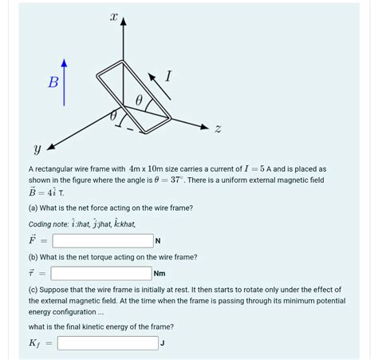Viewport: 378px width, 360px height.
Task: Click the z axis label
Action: click(x=219, y=129)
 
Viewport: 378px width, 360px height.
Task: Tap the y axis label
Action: click(x=37, y=148)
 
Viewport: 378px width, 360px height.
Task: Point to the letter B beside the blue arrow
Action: click(x=53, y=81)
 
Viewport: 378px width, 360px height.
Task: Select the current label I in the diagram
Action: click(x=168, y=77)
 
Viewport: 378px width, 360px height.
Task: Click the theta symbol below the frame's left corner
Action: click(x=113, y=117)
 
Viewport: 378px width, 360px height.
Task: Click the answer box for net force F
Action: click(x=103, y=240)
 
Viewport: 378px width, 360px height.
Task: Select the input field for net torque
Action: click(x=103, y=273)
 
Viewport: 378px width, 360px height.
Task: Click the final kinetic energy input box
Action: click(x=108, y=343)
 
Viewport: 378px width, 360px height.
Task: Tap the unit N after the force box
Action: click(x=158, y=241)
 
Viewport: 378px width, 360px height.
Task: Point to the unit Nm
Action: click(x=160, y=274)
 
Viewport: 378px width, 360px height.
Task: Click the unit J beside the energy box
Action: click(x=162, y=344)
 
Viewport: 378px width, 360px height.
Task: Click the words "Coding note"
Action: click(x=47, y=224)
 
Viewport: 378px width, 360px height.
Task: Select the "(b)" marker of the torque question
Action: click(x=33, y=257)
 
